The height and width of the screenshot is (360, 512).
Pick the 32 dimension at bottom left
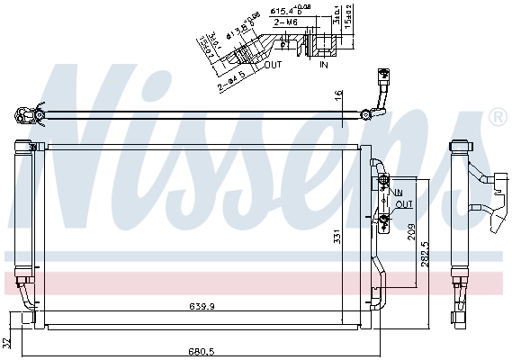tap(7, 342)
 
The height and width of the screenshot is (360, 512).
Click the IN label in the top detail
tap(324, 65)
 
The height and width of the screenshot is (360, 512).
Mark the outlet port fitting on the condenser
tap(384, 219)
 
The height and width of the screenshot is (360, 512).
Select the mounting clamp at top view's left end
tap(27, 113)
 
